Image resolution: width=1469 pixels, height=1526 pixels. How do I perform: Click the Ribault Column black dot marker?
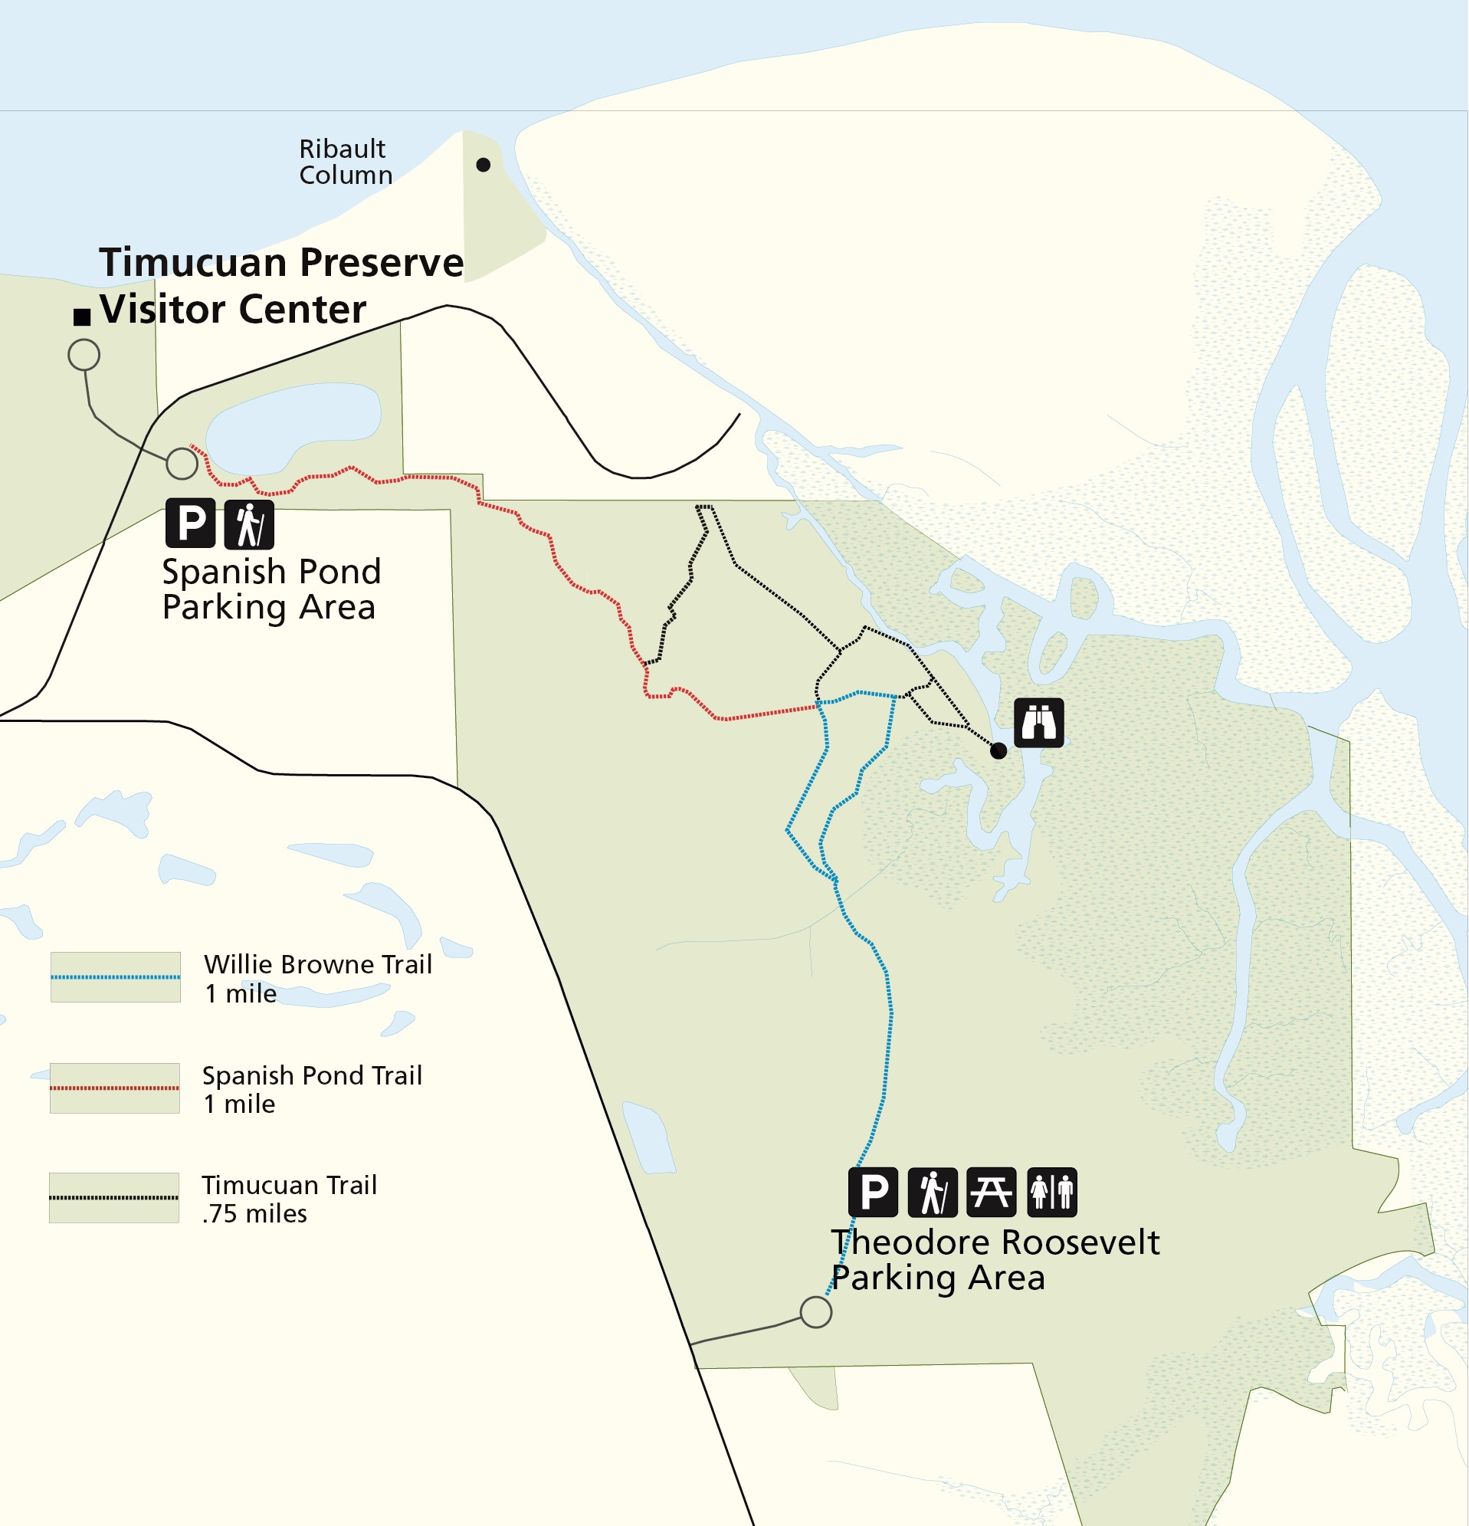coord(483,164)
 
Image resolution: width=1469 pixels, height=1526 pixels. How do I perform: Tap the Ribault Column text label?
coord(345,162)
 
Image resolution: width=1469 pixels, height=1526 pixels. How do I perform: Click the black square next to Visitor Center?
coord(82,317)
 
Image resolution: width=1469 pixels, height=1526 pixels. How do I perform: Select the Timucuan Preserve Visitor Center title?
coord(280,286)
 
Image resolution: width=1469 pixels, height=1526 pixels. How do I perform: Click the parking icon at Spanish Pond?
coord(190,523)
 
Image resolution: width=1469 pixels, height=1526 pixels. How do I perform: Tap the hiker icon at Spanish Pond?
coord(249,524)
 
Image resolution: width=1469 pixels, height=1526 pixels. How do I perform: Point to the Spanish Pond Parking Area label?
coord(271,589)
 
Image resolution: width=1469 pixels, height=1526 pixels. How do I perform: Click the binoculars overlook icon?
coord(1038,723)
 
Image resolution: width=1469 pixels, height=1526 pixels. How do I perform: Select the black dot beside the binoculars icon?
coord(998,750)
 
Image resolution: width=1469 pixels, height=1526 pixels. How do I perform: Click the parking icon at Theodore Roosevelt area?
coord(873,1192)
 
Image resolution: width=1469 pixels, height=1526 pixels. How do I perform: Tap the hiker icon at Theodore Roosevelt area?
coord(932,1192)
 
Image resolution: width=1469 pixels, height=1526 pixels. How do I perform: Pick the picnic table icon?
coord(991,1192)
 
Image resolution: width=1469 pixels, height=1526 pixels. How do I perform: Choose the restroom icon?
coord(1051,1192)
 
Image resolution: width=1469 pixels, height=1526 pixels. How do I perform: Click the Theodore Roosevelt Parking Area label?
coord(994,1260)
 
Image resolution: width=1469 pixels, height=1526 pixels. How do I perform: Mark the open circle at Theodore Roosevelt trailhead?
coord(815,1312)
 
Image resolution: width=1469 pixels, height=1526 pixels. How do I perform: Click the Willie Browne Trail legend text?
coord(317,979)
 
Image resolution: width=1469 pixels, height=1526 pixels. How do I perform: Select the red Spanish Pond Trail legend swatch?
coord(115,1088)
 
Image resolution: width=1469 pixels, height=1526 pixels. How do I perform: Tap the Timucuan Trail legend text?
coord(289,1199)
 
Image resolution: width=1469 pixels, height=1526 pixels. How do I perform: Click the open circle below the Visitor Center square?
coord(84,355)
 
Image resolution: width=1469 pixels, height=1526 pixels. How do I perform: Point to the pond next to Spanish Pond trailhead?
coord(292,428)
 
